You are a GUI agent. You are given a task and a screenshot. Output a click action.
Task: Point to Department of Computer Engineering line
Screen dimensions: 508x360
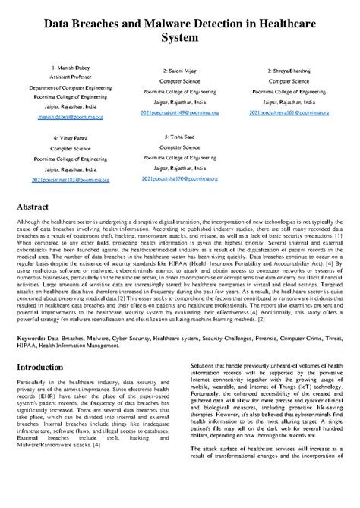click(x=69, y=88)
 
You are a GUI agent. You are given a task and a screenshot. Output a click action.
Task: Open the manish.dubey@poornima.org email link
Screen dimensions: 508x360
click(x=69, y=118)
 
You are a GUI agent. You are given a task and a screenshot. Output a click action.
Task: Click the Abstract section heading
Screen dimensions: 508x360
click(x=38, y=207)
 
